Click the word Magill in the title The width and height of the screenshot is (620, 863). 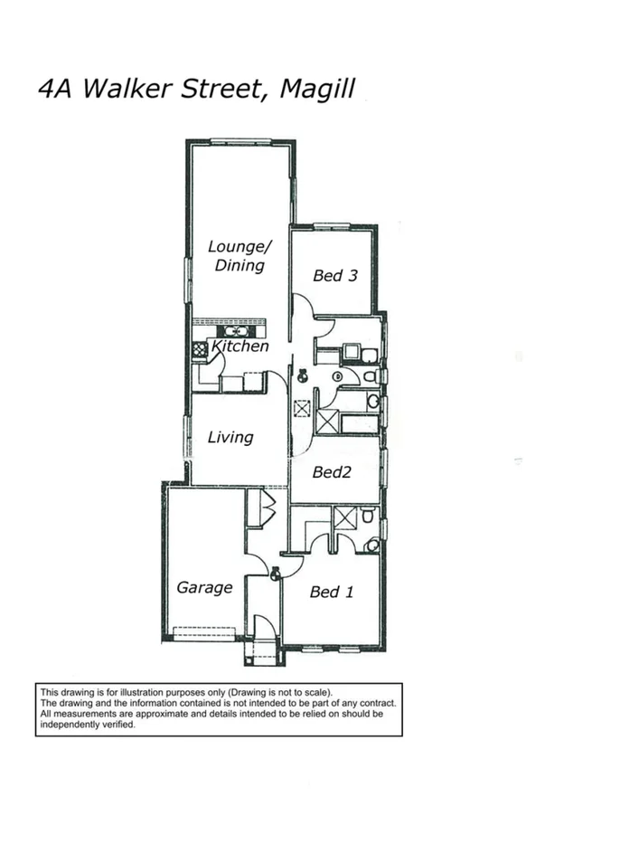coord(317,89)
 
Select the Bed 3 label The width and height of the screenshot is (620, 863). coord(333,275)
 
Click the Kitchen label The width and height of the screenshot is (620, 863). coord(240,346)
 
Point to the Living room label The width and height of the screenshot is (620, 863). coord(230,437)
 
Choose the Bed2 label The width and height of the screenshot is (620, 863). coord(332,471)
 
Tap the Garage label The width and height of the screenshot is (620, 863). coord(204,587)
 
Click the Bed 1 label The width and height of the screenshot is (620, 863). coord(331,592)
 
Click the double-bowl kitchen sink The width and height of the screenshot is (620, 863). coord(236,331)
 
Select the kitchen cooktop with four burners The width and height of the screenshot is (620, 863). coord(200,347)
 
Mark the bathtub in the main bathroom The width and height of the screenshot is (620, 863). coord(360,423)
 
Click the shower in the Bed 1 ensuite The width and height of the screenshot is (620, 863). coord(345,518)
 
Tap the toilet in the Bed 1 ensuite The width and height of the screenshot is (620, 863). coord(371,545)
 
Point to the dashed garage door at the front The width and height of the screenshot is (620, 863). coord(203,632)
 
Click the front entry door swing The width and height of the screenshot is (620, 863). coord(264,628)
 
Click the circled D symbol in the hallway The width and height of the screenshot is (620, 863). coord(338,376)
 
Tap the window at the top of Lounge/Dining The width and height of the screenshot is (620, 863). coord(240,140)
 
